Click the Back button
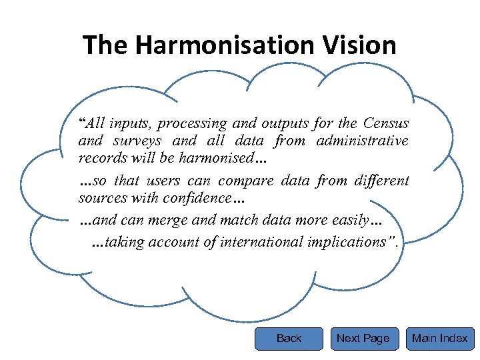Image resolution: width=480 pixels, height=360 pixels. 289,339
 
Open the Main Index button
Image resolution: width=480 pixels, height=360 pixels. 439,339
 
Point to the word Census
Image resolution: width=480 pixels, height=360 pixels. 386,123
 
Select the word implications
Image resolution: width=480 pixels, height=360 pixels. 350,242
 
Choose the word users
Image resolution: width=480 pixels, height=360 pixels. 160,181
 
